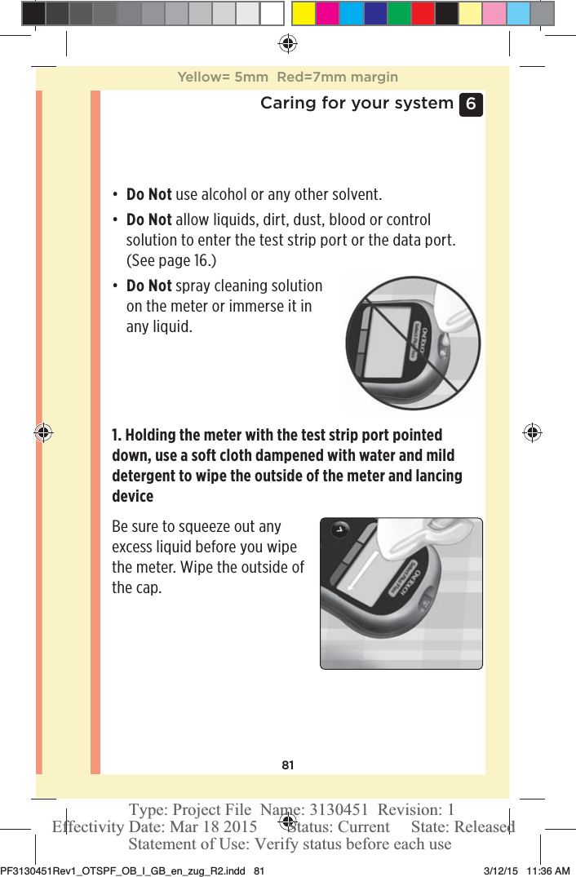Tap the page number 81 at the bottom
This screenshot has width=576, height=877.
click(x=287, y=764)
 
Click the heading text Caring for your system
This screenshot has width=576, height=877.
click(x=357, y=103)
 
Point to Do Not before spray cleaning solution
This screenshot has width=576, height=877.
click(x=148, y=286)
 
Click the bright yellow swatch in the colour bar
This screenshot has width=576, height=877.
click(x=304, y=13)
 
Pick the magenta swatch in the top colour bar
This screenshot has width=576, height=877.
click(x=327, y=13)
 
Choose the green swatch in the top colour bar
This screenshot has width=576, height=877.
click(x=399, y=13)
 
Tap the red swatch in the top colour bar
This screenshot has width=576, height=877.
click(x=423, y=13)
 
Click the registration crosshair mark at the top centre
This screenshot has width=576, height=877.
click(x=287, y=43)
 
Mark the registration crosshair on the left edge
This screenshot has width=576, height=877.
click(x=43, y=432)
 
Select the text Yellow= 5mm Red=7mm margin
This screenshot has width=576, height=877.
click(x=287, y=78)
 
